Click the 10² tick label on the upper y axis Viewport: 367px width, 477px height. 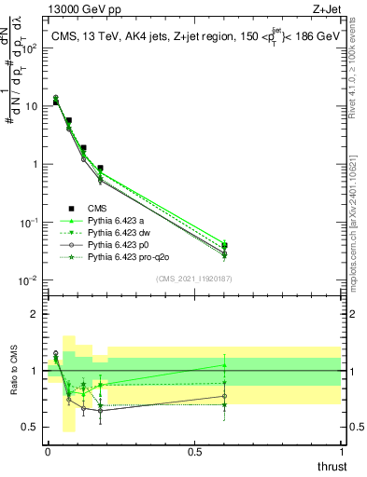click(31, 48)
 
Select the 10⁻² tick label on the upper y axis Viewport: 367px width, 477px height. click(31, 280)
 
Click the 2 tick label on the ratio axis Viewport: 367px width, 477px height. click(34, 314)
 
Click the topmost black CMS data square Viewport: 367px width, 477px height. click(56, 102)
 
